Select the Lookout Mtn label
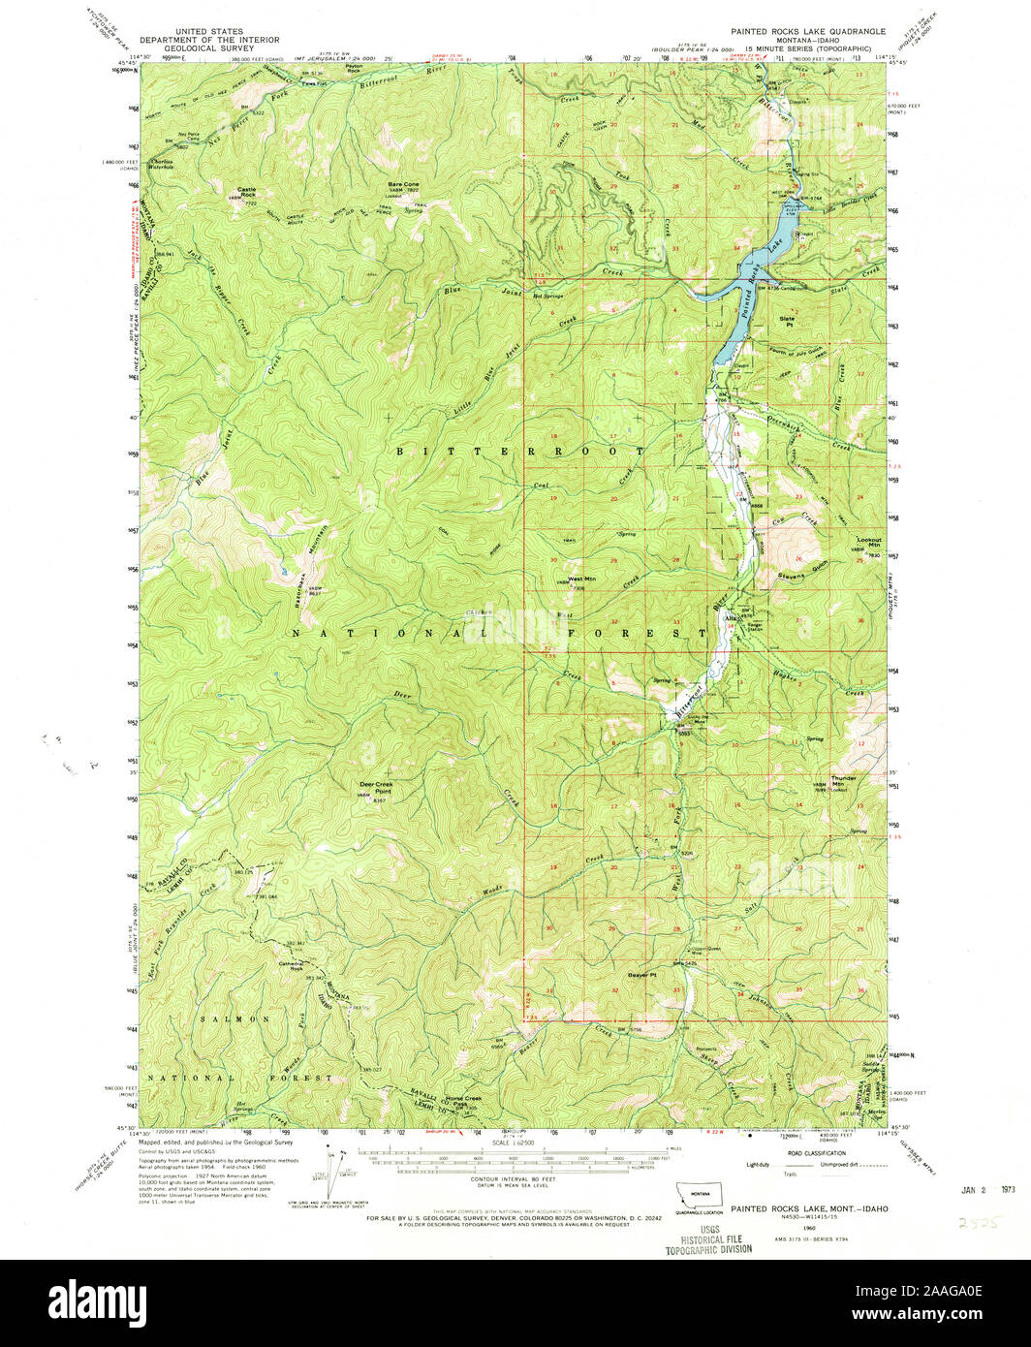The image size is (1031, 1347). [x=867, y=543]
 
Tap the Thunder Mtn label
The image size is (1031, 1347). [x=844, y=778]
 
